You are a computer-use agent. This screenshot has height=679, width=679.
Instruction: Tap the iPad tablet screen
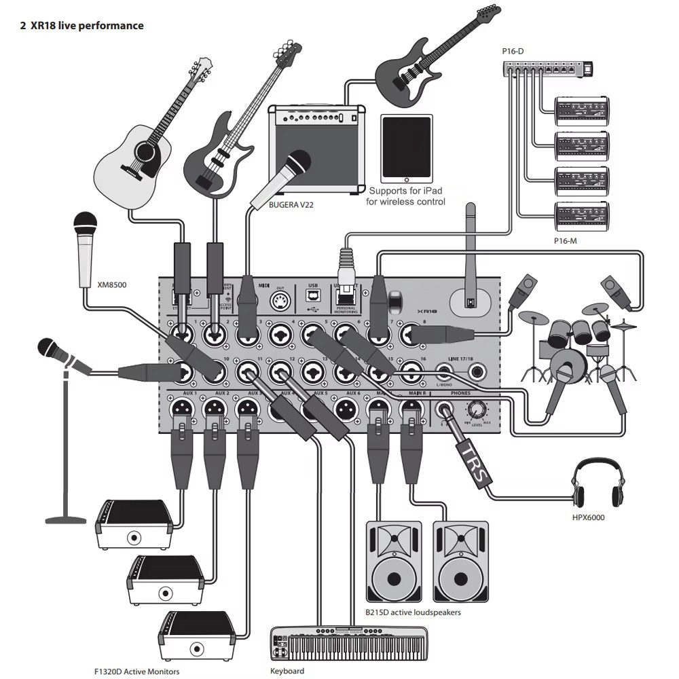coord(407,147)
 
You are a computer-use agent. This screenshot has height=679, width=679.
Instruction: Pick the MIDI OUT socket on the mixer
coord(278,301)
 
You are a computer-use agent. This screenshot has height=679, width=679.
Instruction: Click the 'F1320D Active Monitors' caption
coord(137,672)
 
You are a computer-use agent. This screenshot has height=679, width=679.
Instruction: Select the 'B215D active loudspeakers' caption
coord(413,612)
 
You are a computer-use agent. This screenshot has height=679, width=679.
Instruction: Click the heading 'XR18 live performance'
coord(87,26)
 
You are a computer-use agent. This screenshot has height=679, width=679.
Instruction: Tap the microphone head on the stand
coord(52,349)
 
